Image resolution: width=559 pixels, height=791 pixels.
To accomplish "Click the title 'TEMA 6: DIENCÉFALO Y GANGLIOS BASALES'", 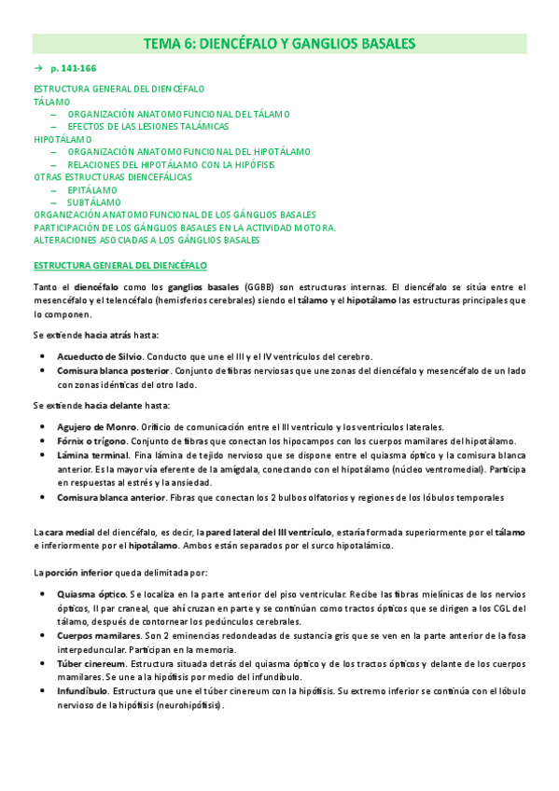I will [x=279, y=44].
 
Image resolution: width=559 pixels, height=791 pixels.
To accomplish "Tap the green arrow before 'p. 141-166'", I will [x=38, y=69].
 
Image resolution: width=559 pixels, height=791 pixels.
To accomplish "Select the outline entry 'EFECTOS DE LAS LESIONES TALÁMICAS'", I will [x=147, y=126].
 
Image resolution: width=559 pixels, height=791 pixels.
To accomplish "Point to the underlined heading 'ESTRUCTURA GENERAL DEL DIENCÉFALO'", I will [x=120, y=265].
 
